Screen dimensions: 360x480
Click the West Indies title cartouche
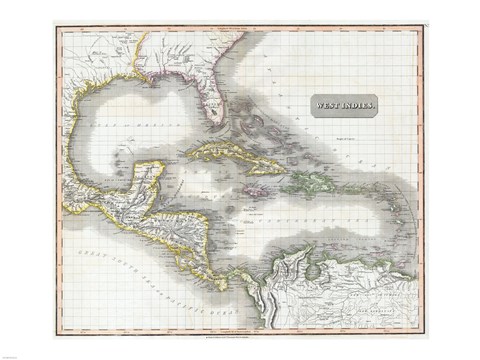344,106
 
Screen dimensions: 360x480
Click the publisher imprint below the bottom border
240,333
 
